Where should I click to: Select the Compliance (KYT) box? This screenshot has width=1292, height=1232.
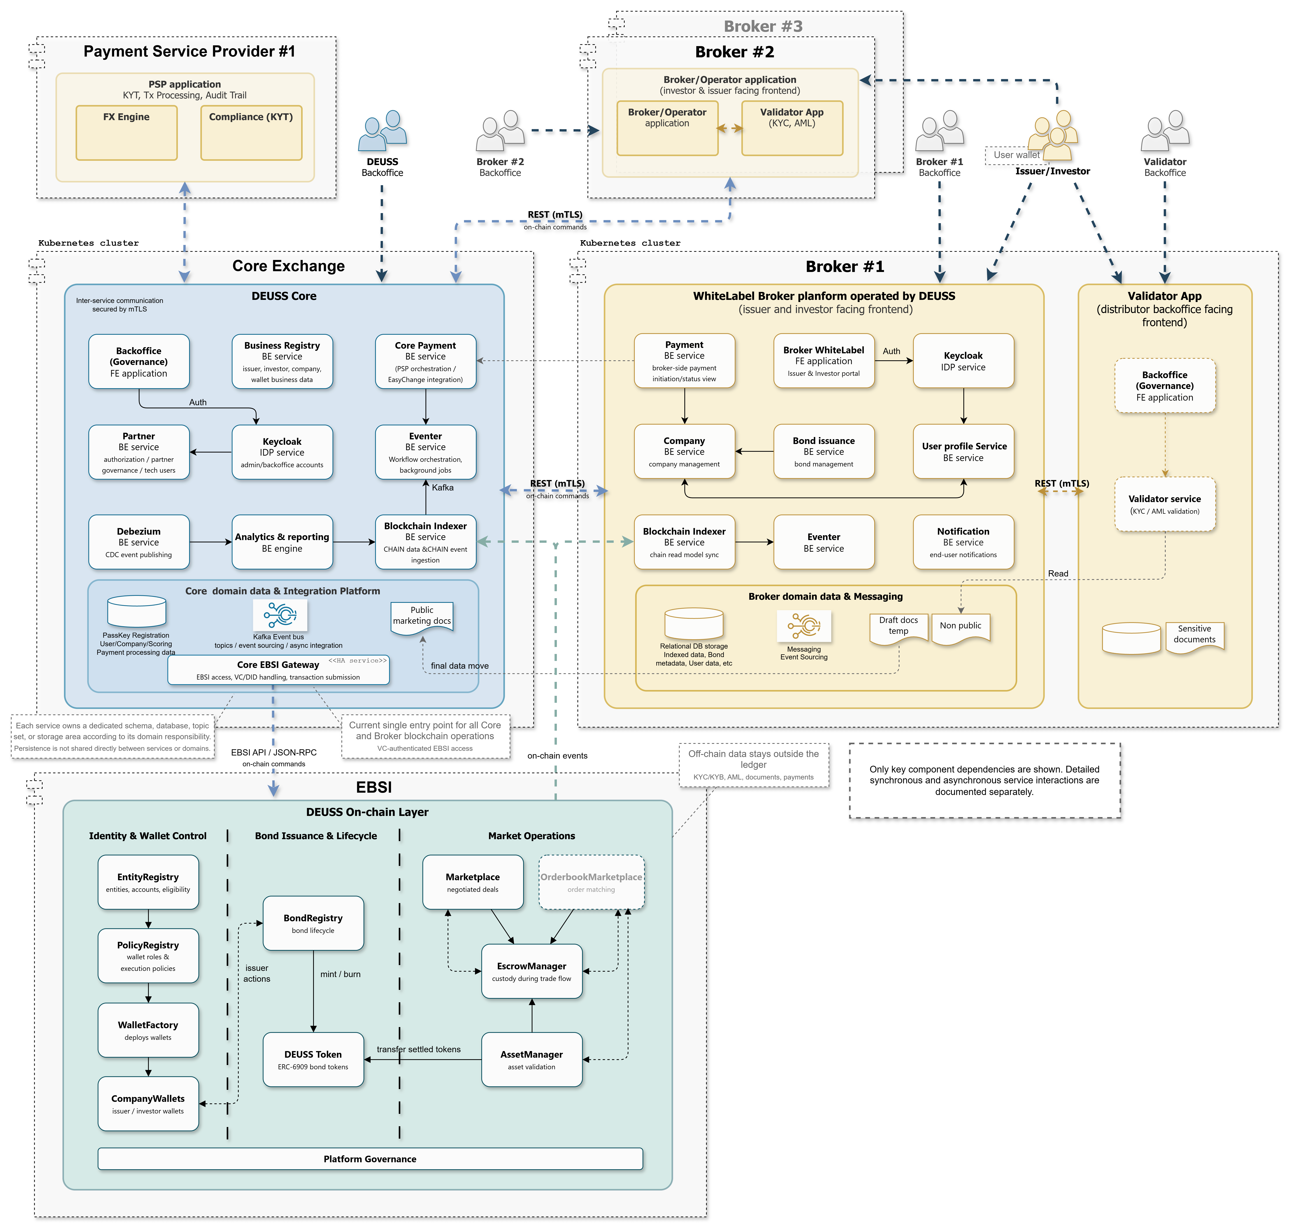click(x=251, y=133)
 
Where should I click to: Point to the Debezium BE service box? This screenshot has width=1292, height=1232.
click(x=139, y=542)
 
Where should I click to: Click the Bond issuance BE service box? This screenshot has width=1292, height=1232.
click(x=824, y=451)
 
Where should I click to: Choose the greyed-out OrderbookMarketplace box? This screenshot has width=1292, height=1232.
click(x=591, y=882)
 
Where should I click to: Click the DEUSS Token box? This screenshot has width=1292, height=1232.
click(x=313, y=1059)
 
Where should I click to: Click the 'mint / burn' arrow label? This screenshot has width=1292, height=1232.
click(x=340, y=974)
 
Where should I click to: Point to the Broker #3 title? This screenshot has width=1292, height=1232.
click(x=763, y=26)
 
